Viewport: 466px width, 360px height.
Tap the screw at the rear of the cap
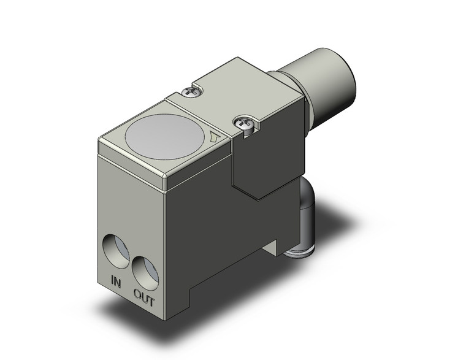[192, 92]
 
